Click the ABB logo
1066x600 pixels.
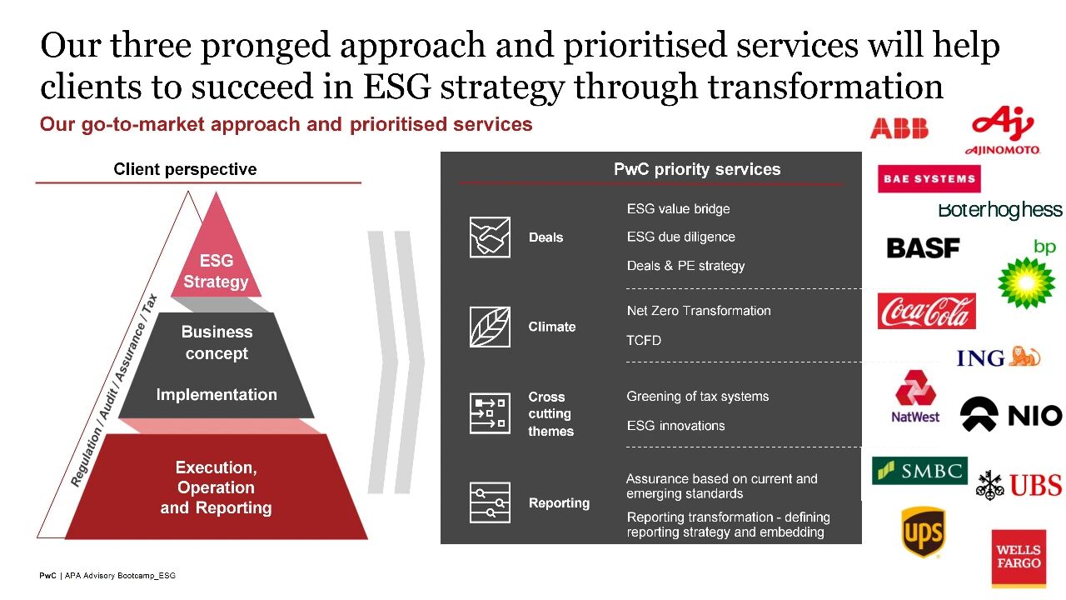(x=899, y=128)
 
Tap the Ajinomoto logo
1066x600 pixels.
(x=1003, y=131)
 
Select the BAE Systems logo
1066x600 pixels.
(x=929, y=178)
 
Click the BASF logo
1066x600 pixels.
(x=923, y=248)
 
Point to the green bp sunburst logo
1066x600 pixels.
(x=1027, y=282)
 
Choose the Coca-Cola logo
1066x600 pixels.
(x=927, y=311)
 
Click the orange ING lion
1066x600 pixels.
(x=1025, y=357)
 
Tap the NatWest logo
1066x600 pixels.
(x=915, y=397)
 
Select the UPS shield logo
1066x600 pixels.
(x=923, y=532)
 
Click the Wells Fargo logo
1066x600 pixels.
(x=1019, y=557)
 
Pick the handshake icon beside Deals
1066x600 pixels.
(x=490, y=237)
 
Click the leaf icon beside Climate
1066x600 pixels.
(x=490, y=327)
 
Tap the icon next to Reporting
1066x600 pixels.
(x=490, y=502)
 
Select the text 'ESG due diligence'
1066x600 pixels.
(x=680, y=237)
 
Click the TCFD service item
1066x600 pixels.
(x=644, y=341)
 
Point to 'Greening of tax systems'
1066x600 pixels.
(x=698, y=396)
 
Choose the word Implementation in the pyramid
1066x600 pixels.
(x=217, y=394)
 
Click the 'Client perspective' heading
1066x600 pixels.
(x=185, y=169)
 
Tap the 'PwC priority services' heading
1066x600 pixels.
(x=697, y=169)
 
